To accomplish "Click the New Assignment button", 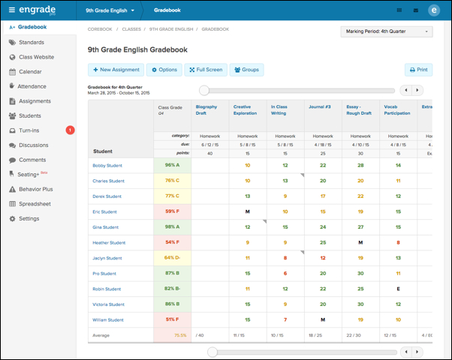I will pyautogui.click(x=115, y=70).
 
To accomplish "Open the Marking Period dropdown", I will pyautogui.click(x=386, y=32).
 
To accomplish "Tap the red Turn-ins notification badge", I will pyautogui.click(x=70, y=130).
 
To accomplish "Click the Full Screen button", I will pyautogui.click(x=205, y=70).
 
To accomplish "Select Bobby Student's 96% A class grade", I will pyautogui.click(x=171, y=165).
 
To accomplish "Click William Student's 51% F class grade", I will pyautogui.click(x=171, y=320).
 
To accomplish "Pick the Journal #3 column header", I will pyautogui.click(x=318, y=107).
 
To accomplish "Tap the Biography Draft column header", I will pyautogui.click(x=206, y=110).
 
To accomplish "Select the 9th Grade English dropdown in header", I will pyautogui.click(x=110, y=11).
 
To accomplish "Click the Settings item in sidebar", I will pyautogui.click(x=29, y=218).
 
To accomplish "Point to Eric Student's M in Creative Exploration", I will pyautogui.click(x=247, y=211).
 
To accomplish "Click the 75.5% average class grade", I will pyautogui.click(x=180, y=336).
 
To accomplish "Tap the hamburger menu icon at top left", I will pyautogui.click(x=11, y=10).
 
